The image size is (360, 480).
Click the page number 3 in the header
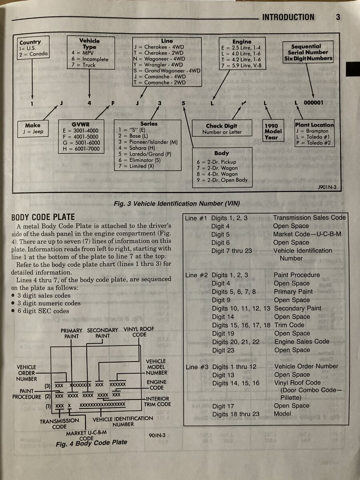pos(338,17)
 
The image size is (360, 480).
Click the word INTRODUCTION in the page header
pos(288,17)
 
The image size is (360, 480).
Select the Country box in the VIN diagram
pos(33,48)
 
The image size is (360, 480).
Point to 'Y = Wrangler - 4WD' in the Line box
pos(158,65)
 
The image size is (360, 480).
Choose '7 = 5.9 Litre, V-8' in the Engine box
pos(241,65)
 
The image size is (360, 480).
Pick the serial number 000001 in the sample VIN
pos(314,103)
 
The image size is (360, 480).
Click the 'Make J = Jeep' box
pos(33,128)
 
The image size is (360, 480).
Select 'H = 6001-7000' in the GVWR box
pos(82,149)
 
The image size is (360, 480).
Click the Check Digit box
pos(222,129)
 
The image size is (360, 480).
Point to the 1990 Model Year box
pos(273,131)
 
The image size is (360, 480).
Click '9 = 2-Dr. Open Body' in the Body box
pos(222,180)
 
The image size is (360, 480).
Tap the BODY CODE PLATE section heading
pos(43,217)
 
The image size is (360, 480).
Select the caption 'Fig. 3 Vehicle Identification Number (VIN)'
pos(176,204)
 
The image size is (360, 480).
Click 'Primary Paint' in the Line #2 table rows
pos(293,292)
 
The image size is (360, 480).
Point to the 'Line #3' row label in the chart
pos(196,367)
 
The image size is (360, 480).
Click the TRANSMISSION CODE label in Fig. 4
pos(59,424)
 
